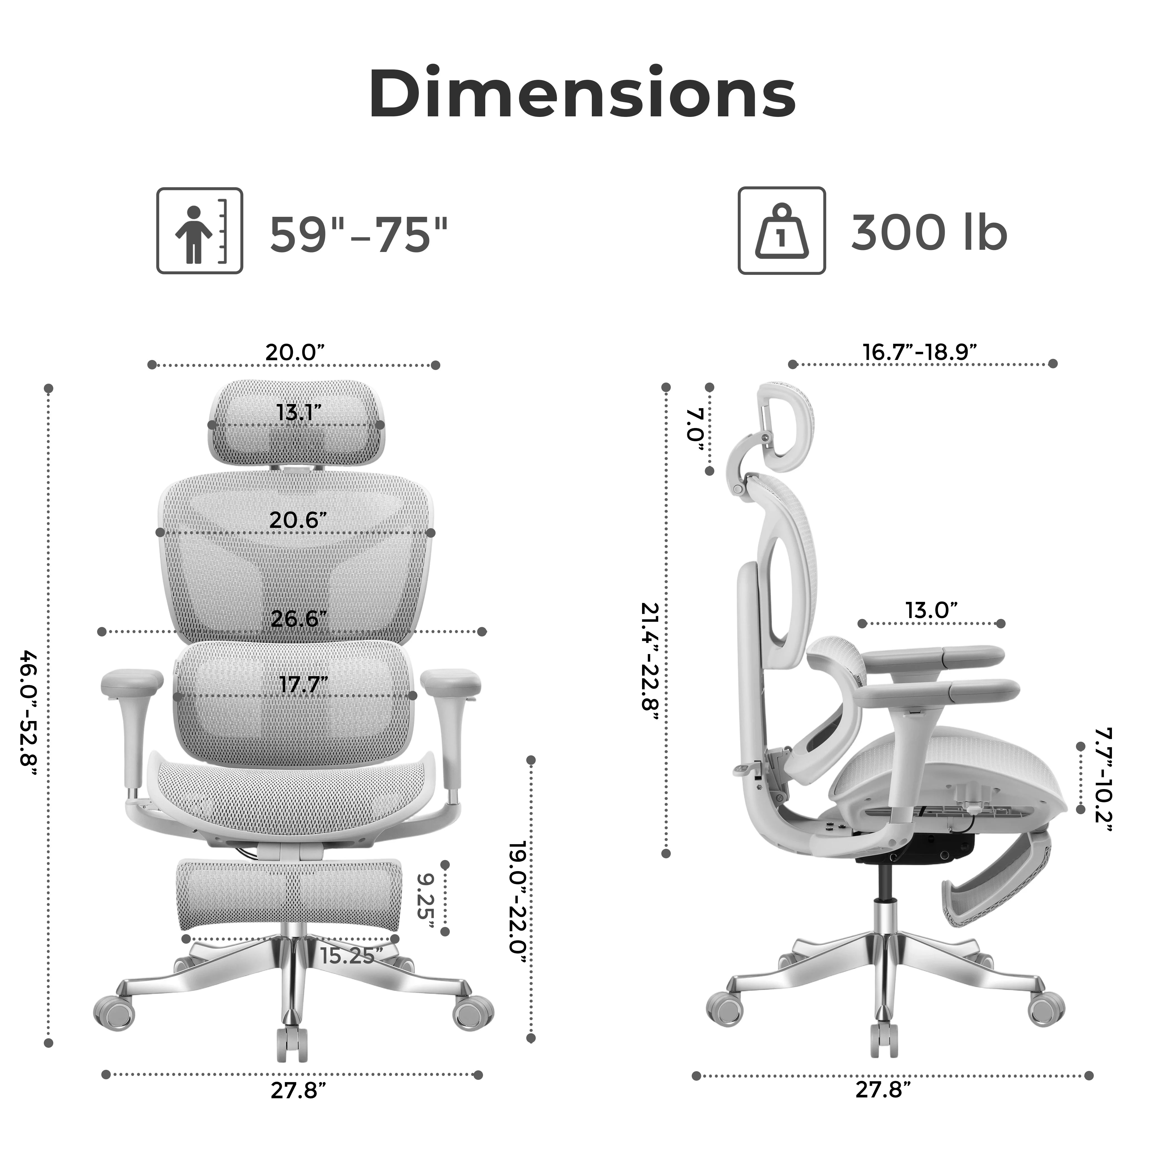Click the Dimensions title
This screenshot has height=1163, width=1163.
(x=581, y=95)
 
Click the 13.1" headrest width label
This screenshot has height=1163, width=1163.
(x=299, y=413)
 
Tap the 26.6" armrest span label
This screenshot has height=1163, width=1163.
(x=299, y=618)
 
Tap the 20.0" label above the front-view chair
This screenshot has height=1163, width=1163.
(x=295, y=352)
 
